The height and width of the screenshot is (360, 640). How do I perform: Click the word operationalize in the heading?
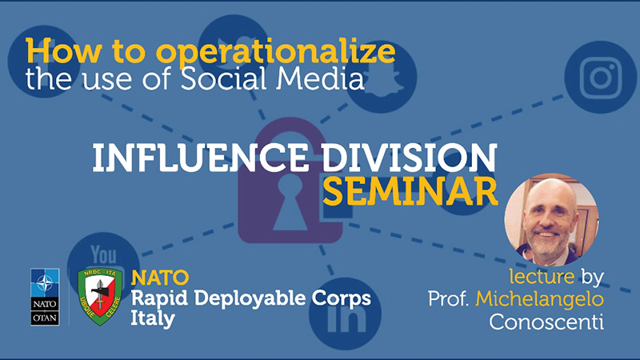[276, 53]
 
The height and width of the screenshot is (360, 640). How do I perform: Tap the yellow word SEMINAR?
[410, 191]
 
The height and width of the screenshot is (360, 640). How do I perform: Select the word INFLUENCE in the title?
[201, 158]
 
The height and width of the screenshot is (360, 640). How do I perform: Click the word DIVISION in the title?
[409, 158]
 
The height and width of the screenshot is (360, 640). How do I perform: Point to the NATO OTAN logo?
[45, 297]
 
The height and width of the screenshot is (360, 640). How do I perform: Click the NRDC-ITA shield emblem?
[100, 296]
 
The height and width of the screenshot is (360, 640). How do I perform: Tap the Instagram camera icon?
[600, 78]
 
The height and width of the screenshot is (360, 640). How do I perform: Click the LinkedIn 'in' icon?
[346, 314]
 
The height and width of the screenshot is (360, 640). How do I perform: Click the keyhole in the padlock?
[290, 202]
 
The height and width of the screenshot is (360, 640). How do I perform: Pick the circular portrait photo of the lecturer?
[551, 219]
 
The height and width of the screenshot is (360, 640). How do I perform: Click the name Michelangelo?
[539, 298]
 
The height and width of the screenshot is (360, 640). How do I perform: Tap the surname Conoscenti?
[546, 322]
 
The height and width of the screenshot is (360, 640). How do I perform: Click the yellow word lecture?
[542, 276]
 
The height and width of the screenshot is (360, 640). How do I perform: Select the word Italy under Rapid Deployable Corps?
[153, 318]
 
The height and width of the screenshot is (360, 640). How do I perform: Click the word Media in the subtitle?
[319, 78]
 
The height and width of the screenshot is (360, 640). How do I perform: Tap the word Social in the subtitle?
[225, 78]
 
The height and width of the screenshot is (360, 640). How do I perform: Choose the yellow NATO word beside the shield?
[159, 278]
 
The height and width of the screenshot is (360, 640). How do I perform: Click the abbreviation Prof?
[448, 298]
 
